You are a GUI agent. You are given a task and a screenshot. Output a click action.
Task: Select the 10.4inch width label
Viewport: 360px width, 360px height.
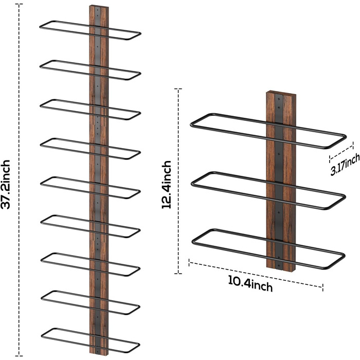[250, 284]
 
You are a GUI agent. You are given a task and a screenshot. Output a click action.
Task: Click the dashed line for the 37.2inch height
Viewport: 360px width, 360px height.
[20, 103]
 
